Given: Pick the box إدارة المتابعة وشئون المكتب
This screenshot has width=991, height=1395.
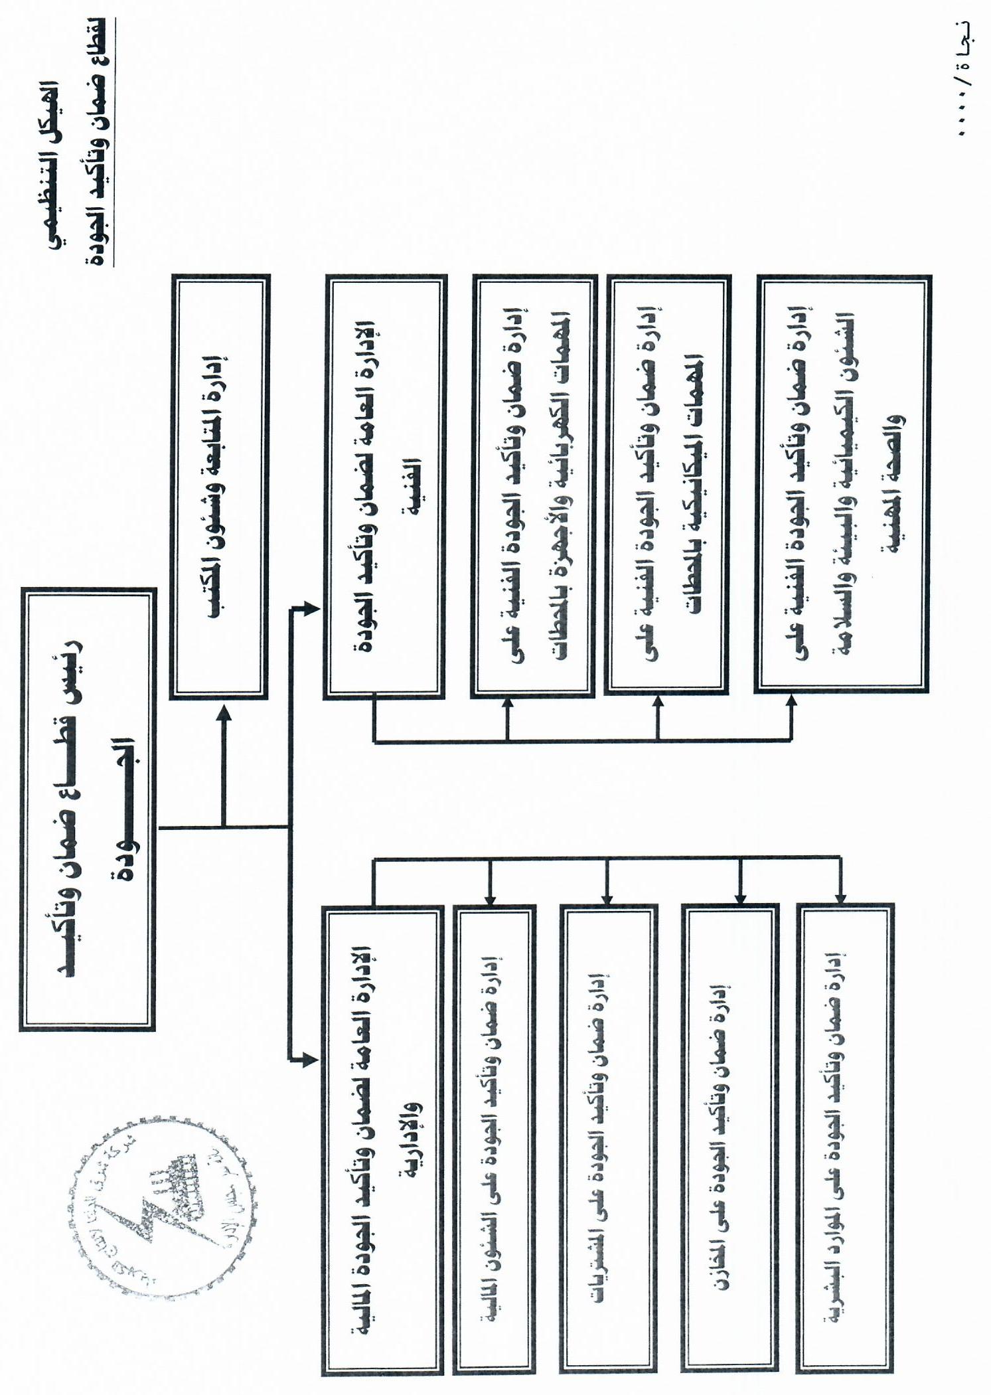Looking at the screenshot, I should point(220,487).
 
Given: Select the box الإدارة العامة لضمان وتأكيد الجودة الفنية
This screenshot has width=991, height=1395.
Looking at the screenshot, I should point(385,487).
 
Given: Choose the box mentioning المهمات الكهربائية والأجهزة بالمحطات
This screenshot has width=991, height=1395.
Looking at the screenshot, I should point(534,487).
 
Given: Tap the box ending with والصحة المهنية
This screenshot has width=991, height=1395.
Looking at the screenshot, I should point(843,485).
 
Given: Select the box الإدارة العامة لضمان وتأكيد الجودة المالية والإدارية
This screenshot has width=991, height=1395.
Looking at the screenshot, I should point(382,1139).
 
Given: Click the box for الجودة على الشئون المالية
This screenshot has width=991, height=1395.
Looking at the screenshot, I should point(495,1139).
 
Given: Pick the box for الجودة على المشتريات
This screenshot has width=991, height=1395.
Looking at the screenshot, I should point(608,1139).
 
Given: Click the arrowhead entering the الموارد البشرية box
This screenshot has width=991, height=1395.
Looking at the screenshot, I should point(841,896).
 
